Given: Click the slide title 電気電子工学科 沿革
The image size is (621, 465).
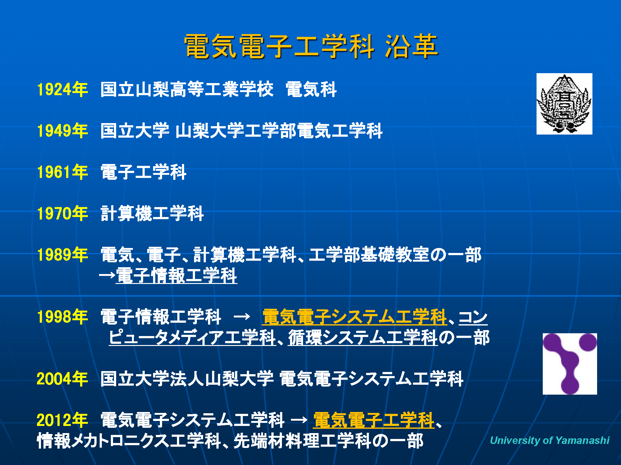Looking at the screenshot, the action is [x=311, y=46].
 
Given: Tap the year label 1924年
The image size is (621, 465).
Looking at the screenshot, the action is [x=62, y=89].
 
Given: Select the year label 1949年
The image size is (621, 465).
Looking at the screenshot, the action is [x=62, y=131].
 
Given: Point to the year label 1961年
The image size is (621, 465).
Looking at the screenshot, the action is [x=62, y=172].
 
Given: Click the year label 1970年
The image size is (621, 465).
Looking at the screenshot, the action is [x=62, y=213].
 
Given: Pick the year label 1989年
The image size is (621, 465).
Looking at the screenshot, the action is [x=62, y=255].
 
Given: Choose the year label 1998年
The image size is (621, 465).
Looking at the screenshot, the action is [x=62, y=317].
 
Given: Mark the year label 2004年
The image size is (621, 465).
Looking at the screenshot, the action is [x=62, y=379].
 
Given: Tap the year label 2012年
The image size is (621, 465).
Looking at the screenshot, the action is [x=62, y=420].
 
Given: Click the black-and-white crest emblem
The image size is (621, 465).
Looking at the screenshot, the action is [x=564, y=104].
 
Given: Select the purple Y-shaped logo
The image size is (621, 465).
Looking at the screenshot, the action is [x=570, y=364].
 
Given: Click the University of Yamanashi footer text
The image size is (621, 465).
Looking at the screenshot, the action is [x=550, y=440].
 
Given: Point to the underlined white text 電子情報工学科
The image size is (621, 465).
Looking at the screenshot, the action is [x=177, y=276].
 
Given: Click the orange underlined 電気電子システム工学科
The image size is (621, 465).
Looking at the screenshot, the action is [x=355, y=317].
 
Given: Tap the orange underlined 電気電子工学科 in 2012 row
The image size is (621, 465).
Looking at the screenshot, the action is [x=374, y=420].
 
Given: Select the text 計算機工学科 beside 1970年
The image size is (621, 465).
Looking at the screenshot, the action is [x=152, y=213].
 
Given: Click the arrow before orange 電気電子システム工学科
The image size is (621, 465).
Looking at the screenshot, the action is [x=242, y=317].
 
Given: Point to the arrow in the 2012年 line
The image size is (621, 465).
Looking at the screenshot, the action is [x=299, y=420].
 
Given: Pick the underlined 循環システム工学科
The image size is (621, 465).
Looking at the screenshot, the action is [x=363, y=338].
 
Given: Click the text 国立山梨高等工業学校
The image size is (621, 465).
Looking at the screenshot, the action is [x=187, y=89].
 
